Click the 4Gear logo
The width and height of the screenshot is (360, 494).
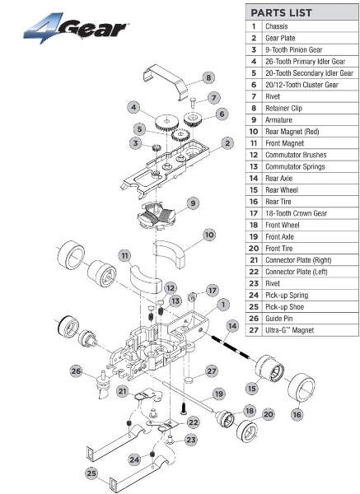click(x=76, y=28)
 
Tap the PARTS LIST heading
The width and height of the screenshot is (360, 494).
click(x=281, y=13)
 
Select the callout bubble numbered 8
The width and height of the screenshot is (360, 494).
click(x=208, y=77)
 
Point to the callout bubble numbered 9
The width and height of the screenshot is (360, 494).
click(x=193, y=203)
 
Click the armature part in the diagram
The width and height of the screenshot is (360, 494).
click(x=156, y=216)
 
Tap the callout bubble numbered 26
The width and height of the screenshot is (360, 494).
click(x=76, y=371)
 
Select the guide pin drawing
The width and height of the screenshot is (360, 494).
click(x=103, y=384)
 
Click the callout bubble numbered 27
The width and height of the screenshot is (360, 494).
click(x=212, y=371)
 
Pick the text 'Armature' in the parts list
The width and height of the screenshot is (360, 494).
click(x=278, y=120)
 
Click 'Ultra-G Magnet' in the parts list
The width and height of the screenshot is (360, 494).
click(x=289, y=330)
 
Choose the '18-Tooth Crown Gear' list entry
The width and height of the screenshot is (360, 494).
click(x=296, y=213)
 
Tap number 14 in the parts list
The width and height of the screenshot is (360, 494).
click(x=254, y=179)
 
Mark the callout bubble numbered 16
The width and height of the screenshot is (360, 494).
click(x=297, y=414)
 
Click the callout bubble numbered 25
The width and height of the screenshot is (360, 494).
click(x=91, y=473)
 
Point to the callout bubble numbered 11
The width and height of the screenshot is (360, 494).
click(x=125, y=255)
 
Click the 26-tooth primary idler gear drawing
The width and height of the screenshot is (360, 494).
click(x=166, y=123)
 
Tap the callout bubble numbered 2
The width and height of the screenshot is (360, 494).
click(x=227, y=143)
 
